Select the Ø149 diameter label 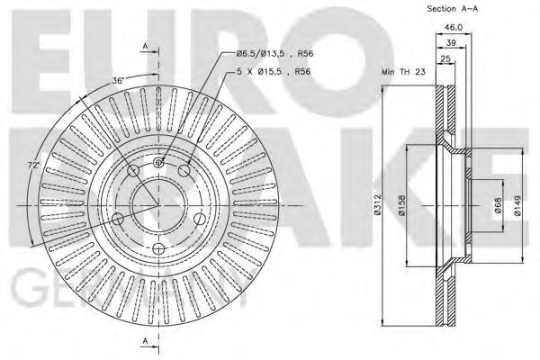pyautogui.click(x=517, y=209)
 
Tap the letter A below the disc pyautogui.click(x=144, y=339)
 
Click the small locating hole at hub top pyautogui.click(x=158, y=163)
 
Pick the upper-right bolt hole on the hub pyautogui.click(x=185, y=171)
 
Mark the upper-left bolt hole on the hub pyautogui.click(x=132, y=171)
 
